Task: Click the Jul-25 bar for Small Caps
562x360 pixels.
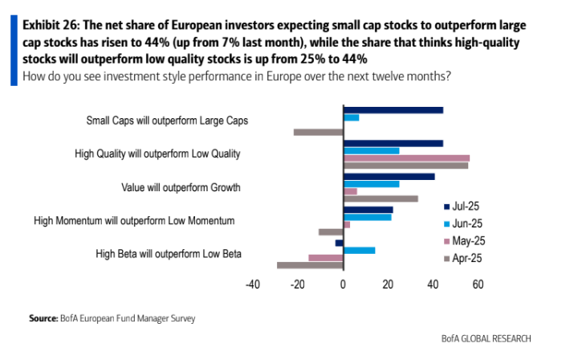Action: pyautogui.click(x=393, y=110)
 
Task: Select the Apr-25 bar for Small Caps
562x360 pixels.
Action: pyautogui.click(x=319, y=132)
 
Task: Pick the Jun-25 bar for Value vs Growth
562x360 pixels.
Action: pyautogui.click(x=371, y=184)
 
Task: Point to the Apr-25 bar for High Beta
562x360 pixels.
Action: pyautogui.click(x=311, y=264)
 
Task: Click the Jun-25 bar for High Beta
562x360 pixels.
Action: pyautogui.click(x=359, y=250)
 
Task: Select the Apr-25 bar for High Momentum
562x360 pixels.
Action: pyautogui.click(x=331, y=231)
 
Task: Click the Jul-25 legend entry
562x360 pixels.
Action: pyautogui.click(x=464, y=205)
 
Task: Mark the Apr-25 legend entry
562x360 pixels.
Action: pyautogui.click(x=464, y=257)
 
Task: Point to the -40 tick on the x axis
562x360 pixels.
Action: pyautogui.click(x=253, y=284)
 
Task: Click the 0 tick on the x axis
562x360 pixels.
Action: pyautogui.click(x=343, y=284)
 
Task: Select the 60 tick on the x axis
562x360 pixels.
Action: pyautogui.click(x=478, y=284)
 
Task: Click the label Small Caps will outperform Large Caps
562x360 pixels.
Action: pyautogui.click(x=167, y=121)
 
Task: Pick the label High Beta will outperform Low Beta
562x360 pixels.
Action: pyautogui.click(x=169, y=254)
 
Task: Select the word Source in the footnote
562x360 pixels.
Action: pyautogui.click(x=43, y=318)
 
